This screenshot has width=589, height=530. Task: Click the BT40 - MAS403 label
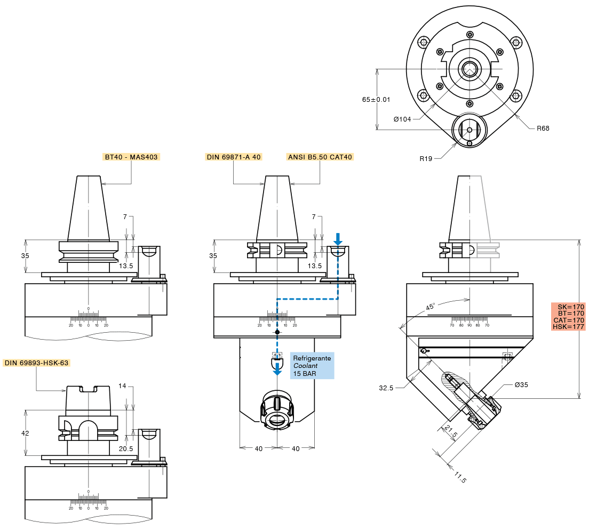pyautogui.click(x=131, y=157)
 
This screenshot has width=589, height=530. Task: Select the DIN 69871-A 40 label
pyautogui.click(x=234, y=157)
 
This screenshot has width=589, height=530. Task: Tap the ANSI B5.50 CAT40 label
pyautogui.click(x=320, y=157)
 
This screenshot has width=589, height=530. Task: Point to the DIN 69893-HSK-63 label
pyautogui.click(x=36, y=363)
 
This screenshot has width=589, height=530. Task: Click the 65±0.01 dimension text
pyautogui.click(x=376, y=100)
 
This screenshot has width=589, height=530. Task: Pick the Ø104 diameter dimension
pyautogui.click(x=402, y=119)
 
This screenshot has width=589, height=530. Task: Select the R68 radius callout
pyautogui.click(x=543, y=129)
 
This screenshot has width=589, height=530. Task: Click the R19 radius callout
pyautogui.click(x=426, y=159)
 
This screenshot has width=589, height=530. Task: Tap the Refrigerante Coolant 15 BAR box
pyautogui.click(x=312, y=366)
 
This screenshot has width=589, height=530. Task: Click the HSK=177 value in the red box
pyautogui.click(x=568, y=327)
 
